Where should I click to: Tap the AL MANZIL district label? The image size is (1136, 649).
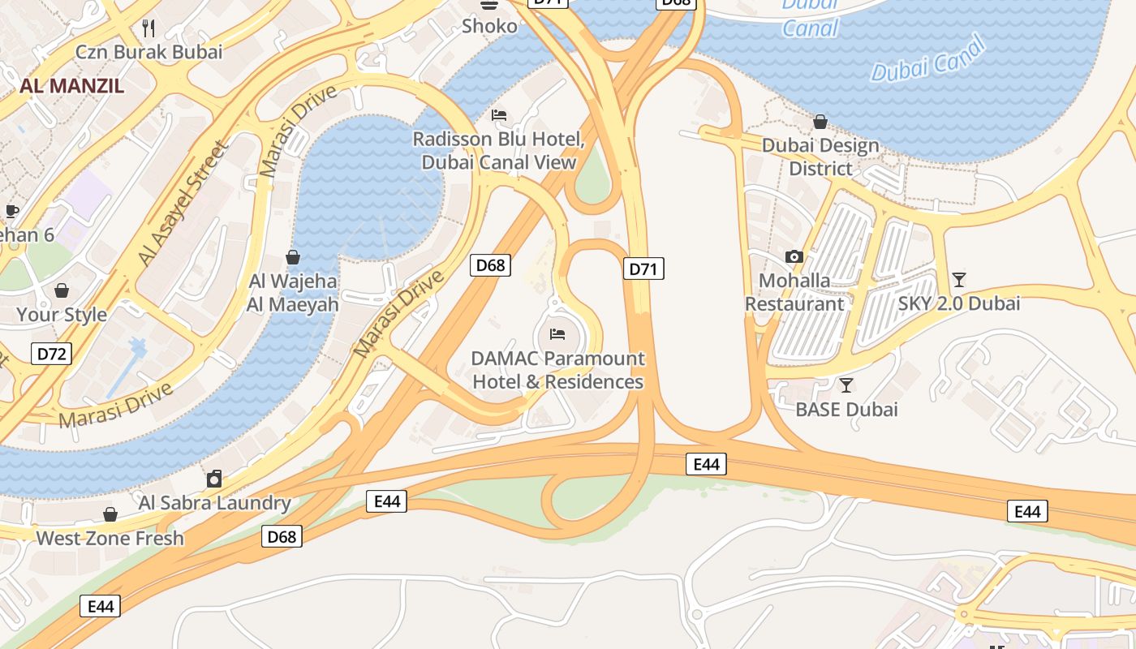71,86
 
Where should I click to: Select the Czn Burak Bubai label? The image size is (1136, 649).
148,52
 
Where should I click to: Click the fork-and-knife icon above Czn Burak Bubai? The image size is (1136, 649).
148,28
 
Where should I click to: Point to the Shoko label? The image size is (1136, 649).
489,26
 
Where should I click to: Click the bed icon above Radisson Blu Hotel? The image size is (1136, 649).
499,115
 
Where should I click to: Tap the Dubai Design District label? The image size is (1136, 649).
821,157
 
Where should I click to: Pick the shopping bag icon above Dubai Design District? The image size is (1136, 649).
820,122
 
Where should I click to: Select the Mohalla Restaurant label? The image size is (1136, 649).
795,292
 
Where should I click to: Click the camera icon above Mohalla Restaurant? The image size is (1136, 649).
794,256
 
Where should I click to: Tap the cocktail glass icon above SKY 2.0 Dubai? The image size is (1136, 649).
959,280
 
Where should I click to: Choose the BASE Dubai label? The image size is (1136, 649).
846,409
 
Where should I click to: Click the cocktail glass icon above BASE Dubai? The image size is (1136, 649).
846,385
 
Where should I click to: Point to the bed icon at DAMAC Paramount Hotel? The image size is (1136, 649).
557,333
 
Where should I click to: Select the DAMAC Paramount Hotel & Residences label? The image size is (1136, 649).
558,370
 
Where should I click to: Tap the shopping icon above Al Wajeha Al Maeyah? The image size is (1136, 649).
293,257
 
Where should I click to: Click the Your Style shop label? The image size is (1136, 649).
62,315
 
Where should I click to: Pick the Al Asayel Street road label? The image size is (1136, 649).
182,203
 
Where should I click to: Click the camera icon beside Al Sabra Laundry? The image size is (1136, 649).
214,479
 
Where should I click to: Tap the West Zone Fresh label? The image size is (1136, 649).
110,538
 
